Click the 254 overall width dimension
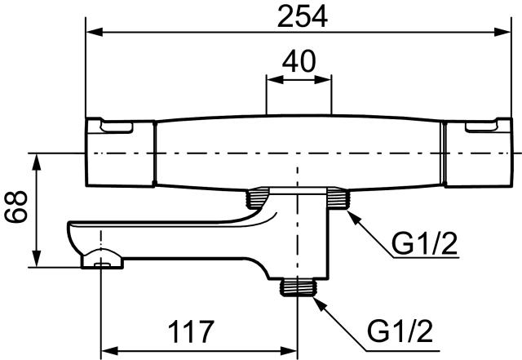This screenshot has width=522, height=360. point(303,17)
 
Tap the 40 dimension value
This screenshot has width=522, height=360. point(299,61)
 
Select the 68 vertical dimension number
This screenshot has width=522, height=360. point(15,207)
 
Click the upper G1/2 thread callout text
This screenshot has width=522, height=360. point(424,244)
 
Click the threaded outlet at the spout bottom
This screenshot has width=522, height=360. point(298,287)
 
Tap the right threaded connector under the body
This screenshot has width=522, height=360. point(338,198)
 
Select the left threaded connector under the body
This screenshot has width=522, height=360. point(257,198)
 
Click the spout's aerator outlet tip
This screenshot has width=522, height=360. point(102,264)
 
